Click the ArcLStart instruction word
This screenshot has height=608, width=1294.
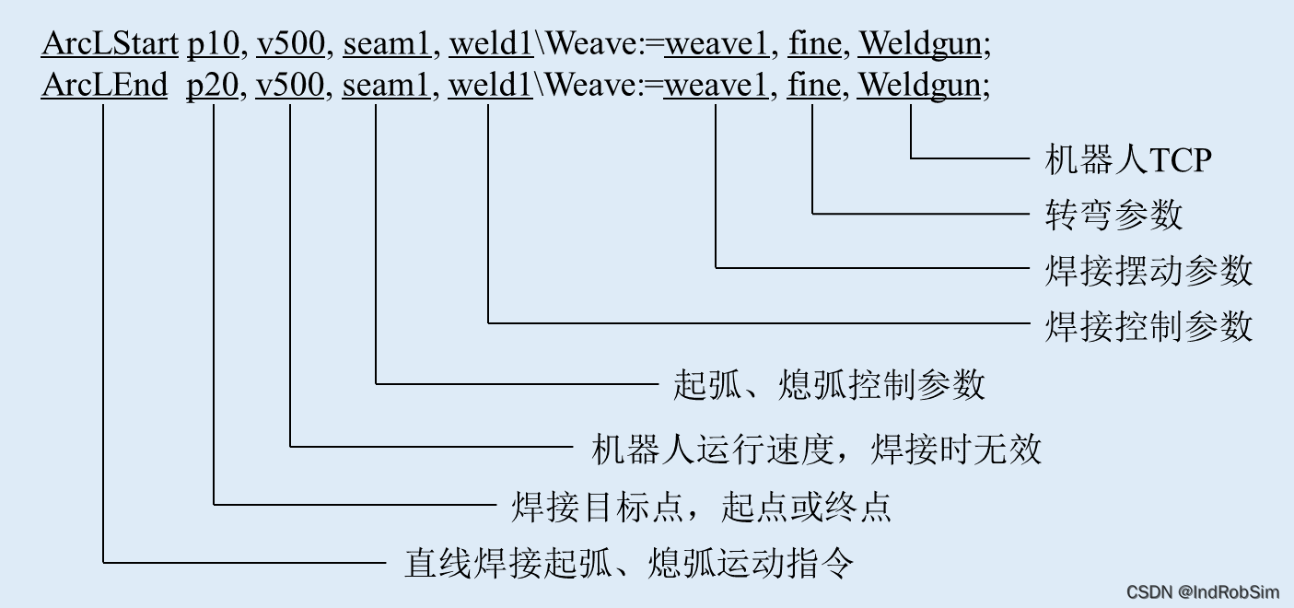click(x=110, y=43)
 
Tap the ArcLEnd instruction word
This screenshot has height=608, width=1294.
click(x=104, y=86)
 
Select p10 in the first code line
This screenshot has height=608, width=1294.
click(x=214, y=43)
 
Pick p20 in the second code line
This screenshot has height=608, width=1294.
click(x=214, y=86)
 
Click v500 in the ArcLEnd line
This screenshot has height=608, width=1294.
click(x=290, y=86)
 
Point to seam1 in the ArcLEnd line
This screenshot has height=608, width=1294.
click(x=386, y=86)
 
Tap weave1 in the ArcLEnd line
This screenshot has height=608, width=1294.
click(x=716, y=86)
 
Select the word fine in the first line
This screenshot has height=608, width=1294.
click(x=813, y=43)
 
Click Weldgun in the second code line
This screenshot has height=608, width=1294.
click(x=919, y=86)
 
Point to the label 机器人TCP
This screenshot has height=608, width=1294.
click(x=1128, y=160)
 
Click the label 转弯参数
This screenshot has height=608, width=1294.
click(x=1113, y=215)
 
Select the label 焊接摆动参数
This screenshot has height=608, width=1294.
click(x=1148, y=271)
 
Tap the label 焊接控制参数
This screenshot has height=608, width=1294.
click(x=1148, y=326)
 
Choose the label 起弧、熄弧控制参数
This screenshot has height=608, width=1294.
click(x=829, y=384)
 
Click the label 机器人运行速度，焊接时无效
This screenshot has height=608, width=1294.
click(x=816, y=450)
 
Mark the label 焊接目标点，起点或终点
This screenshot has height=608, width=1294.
click(x=701, y=506)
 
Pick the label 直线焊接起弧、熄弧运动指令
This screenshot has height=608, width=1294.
click(x=629, y=562)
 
